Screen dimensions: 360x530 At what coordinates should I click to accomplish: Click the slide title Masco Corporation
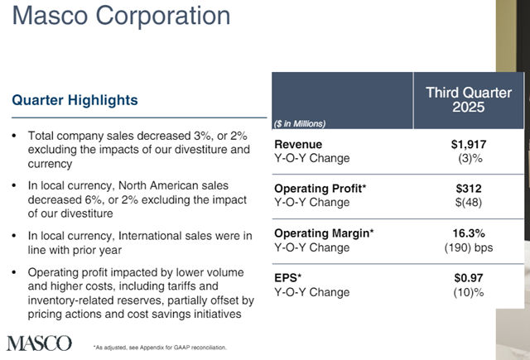120,17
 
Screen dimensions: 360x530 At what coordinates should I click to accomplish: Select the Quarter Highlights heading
75,100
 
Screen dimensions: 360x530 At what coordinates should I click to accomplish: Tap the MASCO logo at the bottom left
38,343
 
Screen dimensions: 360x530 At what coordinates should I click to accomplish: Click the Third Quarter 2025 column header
469,99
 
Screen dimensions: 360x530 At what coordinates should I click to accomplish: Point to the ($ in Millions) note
300,123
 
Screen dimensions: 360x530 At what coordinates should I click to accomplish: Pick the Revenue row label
298,145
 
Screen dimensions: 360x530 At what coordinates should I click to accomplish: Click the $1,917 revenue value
468,145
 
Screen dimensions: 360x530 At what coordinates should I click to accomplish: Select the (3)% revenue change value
468,158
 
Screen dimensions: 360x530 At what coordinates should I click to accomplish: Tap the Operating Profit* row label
320,189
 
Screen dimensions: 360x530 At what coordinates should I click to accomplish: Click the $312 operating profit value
468,189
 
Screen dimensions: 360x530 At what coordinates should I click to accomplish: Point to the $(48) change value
468,202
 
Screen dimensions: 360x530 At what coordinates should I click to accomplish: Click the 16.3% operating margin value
468,233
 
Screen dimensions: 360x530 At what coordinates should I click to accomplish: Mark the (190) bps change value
468,247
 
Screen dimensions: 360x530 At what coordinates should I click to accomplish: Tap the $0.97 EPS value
468,278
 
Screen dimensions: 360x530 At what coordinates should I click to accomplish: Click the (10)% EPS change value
468,291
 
